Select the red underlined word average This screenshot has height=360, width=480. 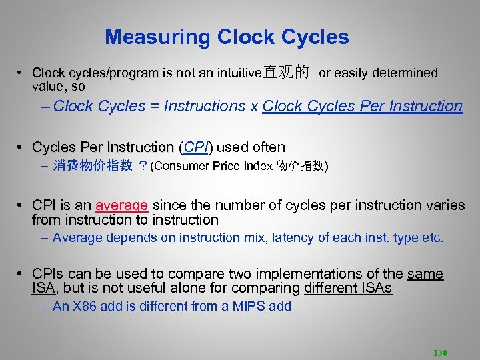[x=121, y=205]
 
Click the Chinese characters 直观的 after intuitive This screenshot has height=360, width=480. [x=286, y=73]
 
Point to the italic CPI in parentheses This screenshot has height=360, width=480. [x=197, y=147]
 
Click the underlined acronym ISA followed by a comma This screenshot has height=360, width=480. [x=43, y=288]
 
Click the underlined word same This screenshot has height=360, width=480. [x=425, y=274]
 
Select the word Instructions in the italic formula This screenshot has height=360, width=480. [x=204, y=106]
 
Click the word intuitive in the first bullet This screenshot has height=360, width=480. [x=236, y=73]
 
